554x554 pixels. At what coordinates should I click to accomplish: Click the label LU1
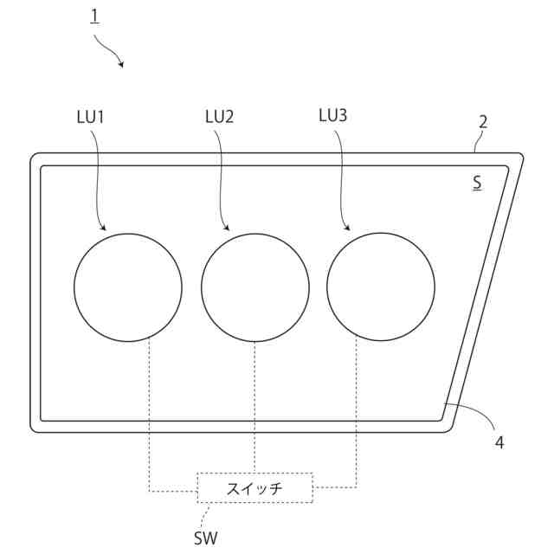(90, 116)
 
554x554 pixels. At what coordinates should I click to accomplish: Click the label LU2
(219, 116)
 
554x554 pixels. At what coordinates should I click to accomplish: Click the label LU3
(332, 115)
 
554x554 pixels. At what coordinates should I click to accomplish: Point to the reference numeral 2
(483, 122)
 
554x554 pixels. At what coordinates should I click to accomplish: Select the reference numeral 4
(499, 442)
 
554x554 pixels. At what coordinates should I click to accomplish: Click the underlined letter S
(477, 184)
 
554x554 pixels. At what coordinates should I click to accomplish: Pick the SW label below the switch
(205, 538)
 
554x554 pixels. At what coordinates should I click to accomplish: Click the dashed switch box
(254, 488)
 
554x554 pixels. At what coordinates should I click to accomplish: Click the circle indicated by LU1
(128, 287)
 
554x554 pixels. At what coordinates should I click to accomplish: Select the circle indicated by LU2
(255, 287)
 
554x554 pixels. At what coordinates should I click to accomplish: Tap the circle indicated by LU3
(381, 287)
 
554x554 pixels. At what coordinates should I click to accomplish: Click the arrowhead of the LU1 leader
(106, 229)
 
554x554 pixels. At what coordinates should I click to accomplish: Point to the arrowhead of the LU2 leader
(228, 229)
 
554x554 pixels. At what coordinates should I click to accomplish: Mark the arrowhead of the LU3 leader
(350, 229)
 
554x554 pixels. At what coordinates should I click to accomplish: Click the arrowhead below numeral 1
(122, 66)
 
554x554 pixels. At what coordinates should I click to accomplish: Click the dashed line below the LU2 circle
(254, 407)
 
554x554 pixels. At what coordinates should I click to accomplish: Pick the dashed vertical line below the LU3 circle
(358, 407)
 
